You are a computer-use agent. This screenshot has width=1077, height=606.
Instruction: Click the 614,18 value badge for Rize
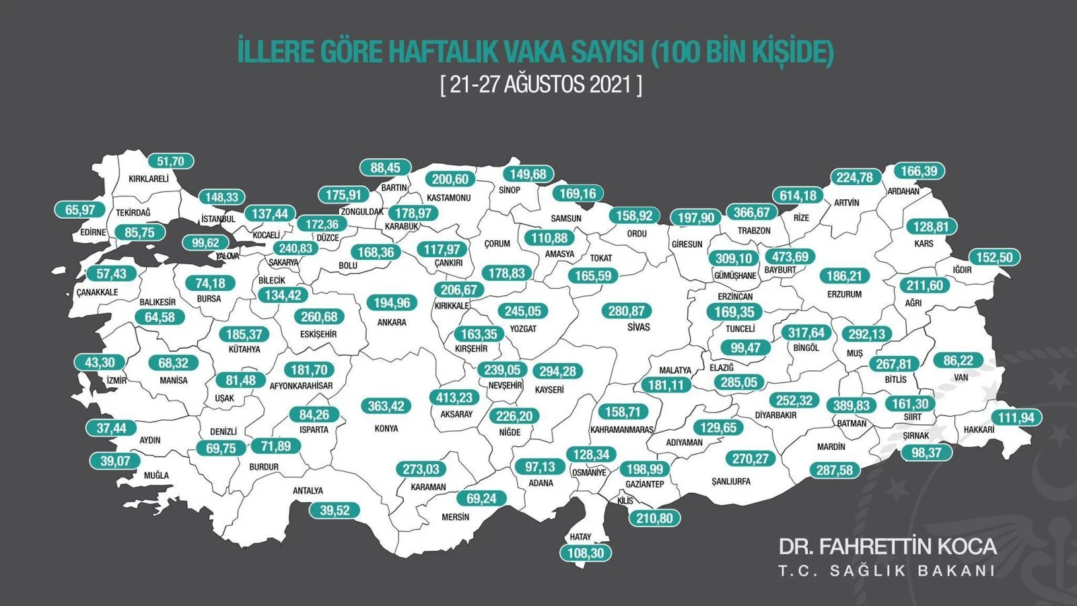point(798,195)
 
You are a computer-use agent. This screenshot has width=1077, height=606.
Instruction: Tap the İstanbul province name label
point(218,219)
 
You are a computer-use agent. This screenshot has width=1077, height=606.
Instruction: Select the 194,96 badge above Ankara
point(392,303)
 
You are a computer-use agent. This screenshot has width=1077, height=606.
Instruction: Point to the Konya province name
point(386,428)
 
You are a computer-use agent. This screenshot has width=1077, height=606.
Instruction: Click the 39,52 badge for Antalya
point(335,510)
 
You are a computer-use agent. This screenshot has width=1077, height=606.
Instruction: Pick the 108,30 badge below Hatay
point(586,553)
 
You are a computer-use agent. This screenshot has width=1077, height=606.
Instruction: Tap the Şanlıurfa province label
point(730,481)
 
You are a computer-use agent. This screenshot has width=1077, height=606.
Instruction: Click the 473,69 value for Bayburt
point(790,257)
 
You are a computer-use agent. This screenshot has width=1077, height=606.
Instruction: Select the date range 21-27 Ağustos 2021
point(541,85)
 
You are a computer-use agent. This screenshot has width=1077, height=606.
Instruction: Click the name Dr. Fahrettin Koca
point(887,545)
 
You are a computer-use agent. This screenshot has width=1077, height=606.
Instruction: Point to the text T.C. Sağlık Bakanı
point(887,571)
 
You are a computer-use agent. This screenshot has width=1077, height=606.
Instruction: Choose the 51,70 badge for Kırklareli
point(170,162)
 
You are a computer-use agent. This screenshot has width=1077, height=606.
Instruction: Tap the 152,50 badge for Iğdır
point(994,257)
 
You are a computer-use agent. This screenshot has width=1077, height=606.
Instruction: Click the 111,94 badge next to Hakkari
point(1016,417)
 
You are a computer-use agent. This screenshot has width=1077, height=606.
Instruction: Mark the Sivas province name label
point(638,327)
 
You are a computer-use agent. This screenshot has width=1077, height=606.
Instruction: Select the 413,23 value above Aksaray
point(454,398)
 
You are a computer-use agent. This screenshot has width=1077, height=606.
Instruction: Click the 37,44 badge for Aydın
point(111,428)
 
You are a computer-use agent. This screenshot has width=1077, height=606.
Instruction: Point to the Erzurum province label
point(844,294)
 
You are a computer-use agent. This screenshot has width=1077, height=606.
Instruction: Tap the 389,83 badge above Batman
point(852,405)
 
